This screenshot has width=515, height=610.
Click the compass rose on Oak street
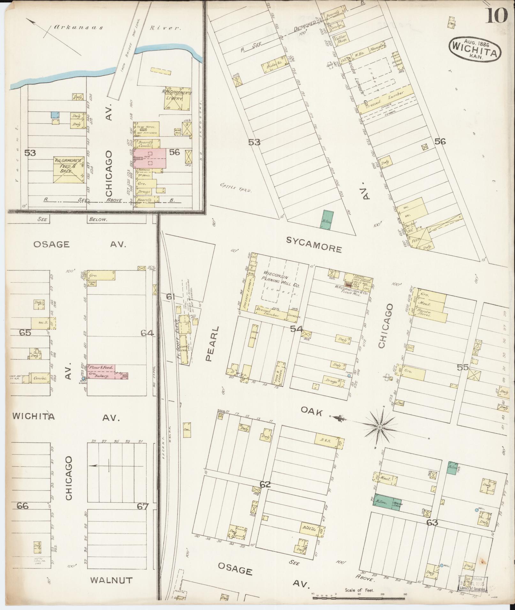(x=380, y=427)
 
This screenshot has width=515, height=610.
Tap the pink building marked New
(x=149, y=158)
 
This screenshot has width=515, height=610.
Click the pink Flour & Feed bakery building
(x=105, y=371)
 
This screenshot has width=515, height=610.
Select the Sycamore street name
(x=314, y=245)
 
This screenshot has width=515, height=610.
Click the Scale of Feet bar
(x=358, y=595)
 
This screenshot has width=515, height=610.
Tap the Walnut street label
(x=111, y=580)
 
